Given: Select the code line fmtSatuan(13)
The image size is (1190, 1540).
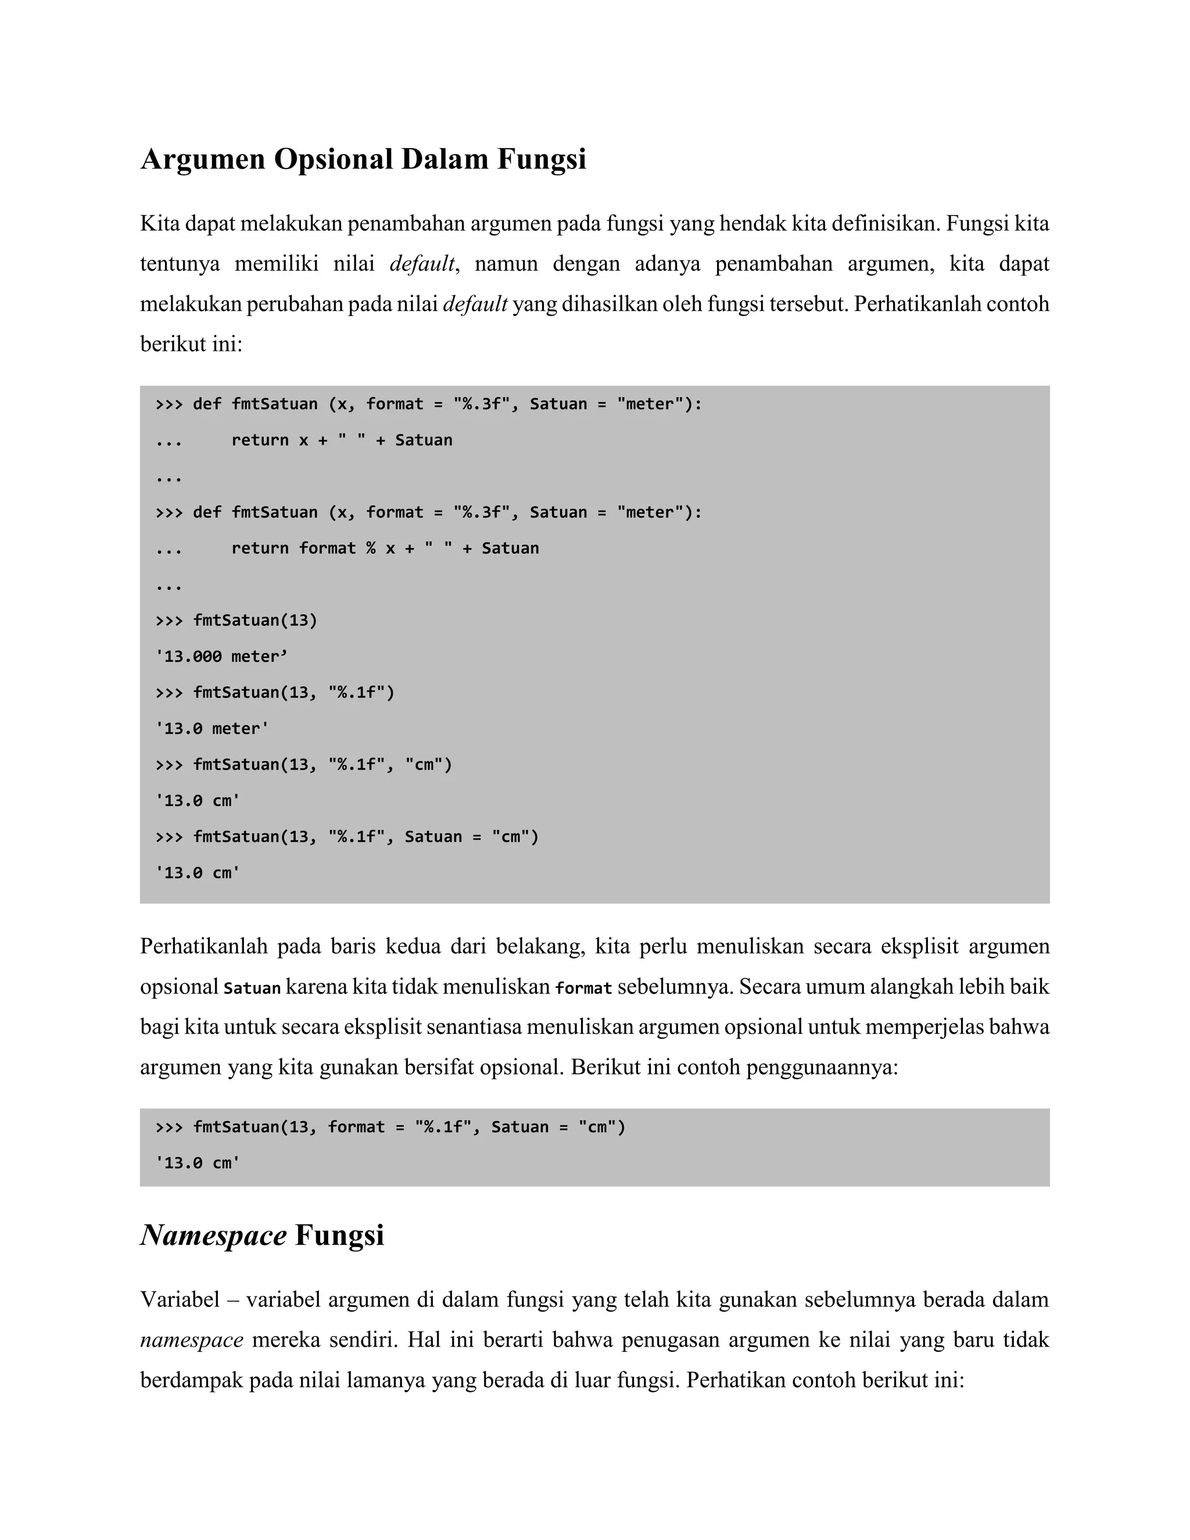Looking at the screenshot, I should click(255, 621).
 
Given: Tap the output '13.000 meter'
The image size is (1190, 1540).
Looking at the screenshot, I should click(221, 657).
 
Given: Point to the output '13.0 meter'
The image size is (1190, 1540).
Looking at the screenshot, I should click(212, 728).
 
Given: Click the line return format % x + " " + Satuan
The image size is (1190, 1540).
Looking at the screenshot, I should click(384, 548).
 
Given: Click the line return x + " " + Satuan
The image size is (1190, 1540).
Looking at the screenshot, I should click(341, 440).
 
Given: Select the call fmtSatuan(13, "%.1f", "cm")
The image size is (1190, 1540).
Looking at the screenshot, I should click(322, 764).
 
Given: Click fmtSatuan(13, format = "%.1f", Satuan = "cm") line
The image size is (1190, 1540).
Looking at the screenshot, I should click(409, 1127).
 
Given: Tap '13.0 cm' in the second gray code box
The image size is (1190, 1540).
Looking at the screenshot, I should click(198, 1163).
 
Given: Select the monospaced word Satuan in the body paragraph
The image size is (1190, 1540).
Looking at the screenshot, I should click(252, 988).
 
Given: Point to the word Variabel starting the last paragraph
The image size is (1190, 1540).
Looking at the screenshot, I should click(180, 1299).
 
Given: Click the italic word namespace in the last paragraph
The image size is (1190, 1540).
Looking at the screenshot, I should click(191, 1339).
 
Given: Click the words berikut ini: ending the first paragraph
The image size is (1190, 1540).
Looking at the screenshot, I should click(191, 344).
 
